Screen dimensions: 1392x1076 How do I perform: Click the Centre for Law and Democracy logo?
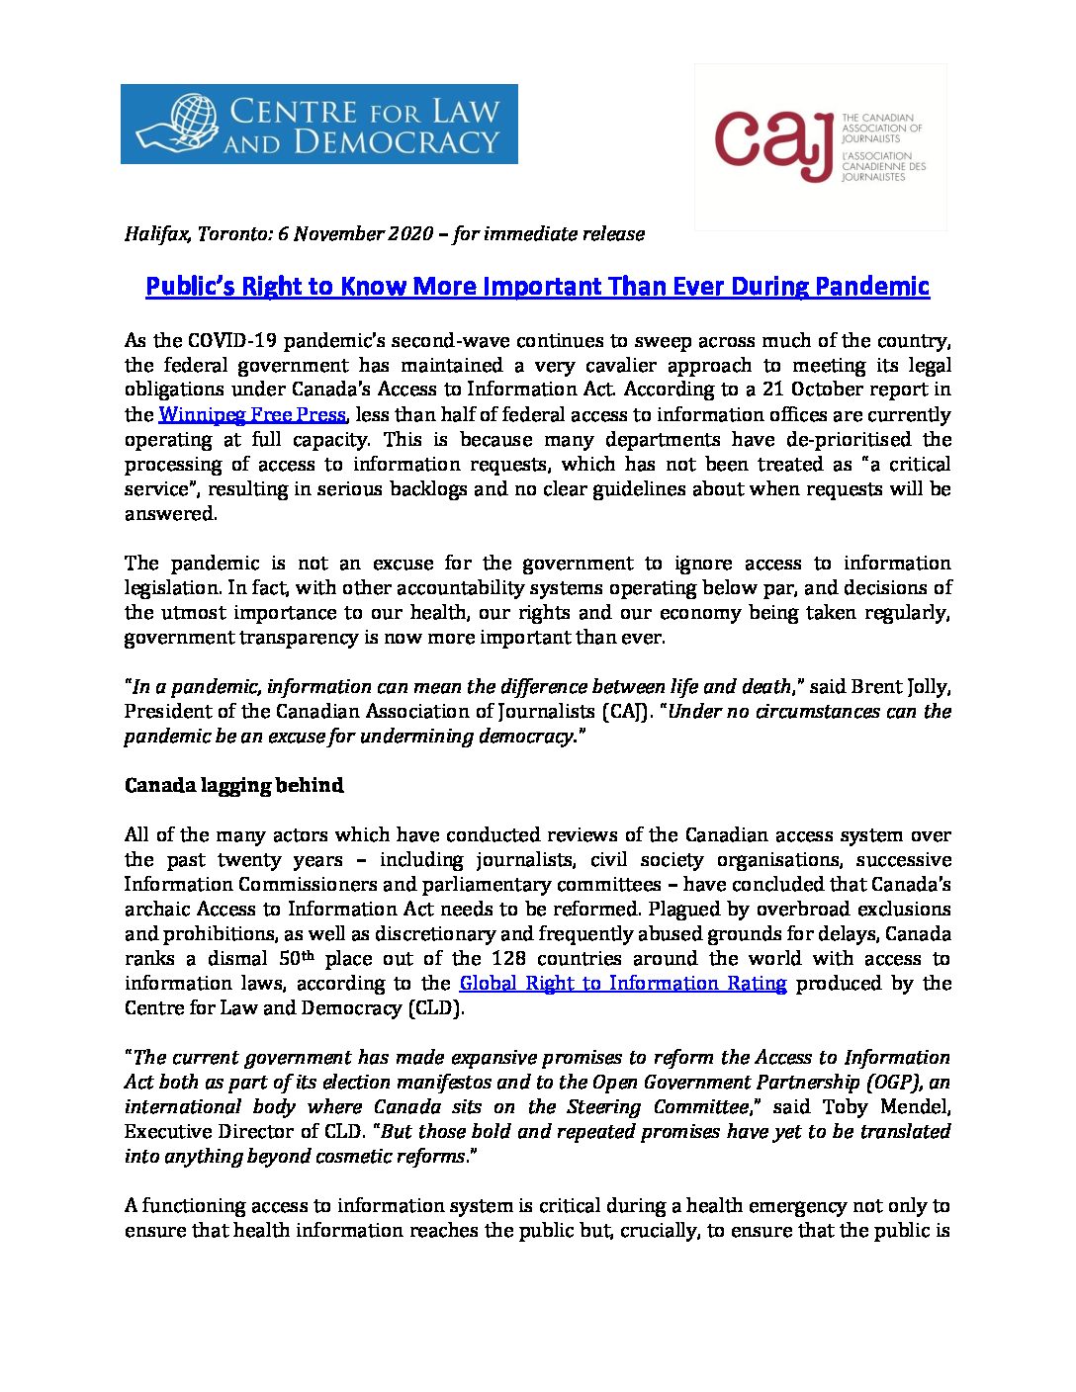point(318,124)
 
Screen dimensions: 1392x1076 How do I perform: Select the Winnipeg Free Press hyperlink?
point(252,415)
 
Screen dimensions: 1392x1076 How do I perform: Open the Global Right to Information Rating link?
point(623,984)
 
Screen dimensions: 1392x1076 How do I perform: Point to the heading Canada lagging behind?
point(233,786)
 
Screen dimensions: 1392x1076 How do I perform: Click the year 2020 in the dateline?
point(406,234)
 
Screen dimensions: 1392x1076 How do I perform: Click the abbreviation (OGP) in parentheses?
point(897,1083)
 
